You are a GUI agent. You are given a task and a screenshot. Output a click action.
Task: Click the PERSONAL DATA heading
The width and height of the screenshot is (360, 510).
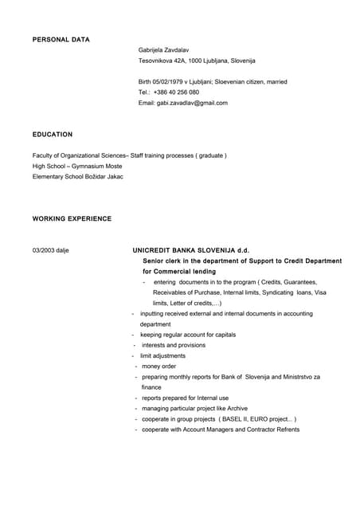point(61,39)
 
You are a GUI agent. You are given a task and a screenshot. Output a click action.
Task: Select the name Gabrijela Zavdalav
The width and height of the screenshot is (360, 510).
point(164,49)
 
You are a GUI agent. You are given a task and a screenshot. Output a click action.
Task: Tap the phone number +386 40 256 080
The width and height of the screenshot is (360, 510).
point(176,92)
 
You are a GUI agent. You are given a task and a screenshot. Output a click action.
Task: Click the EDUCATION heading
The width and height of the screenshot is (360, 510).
point(53,135)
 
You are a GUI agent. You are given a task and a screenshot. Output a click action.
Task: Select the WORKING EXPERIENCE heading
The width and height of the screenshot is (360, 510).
point(72,218)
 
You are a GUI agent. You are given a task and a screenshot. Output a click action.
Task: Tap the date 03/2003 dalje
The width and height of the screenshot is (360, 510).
point(51,250)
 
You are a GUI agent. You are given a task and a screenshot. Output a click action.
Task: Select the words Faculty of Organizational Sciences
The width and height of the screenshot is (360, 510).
point(79,155)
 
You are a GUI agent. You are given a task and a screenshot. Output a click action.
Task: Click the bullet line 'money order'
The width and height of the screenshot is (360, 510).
point(159,366)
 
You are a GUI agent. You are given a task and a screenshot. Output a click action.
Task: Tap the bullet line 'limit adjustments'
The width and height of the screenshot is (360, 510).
point(162,355)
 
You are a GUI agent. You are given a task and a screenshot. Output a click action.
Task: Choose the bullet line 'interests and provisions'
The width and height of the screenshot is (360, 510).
point(174,345)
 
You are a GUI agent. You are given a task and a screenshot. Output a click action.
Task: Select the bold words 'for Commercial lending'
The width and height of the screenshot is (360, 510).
point(179,272)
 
